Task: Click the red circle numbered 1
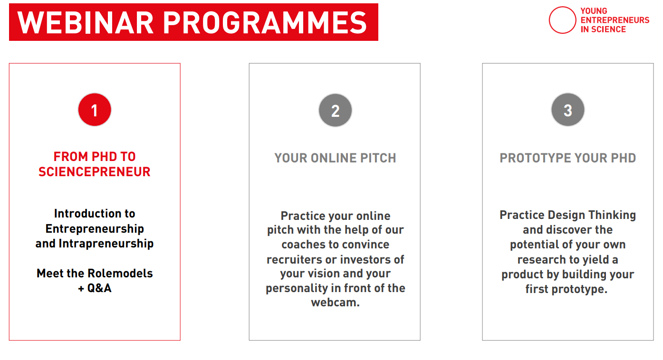(95, 110)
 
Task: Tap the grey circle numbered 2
(335, 110)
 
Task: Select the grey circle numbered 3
(567, 110)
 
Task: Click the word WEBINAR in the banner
(86, 22)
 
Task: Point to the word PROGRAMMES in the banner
(265, 22)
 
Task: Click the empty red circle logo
(562, 20)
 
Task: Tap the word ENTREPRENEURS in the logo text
(615, 20)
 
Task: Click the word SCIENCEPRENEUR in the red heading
(95, 172)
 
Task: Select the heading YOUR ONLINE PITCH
(335, 158)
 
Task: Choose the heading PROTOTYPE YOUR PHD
(567, 158)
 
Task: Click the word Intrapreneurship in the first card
(106, 244)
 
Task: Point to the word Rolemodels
(120, 274)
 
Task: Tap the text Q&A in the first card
(99, 288)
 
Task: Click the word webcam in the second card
(333, 303)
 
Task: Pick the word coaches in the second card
(302, 245)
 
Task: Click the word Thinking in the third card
(612, 215)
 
